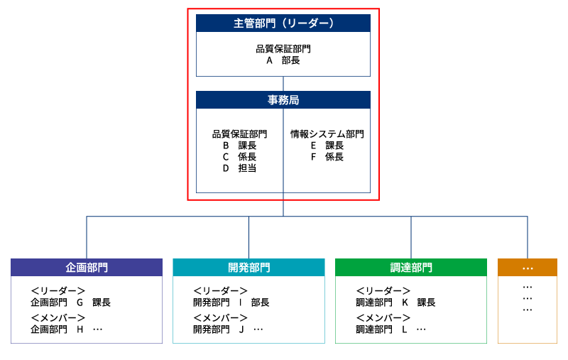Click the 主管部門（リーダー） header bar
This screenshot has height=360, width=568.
point(283,23)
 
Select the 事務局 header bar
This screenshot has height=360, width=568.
point(283,100)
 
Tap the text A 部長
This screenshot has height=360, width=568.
point(283,61)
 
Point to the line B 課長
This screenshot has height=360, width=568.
point(239,146)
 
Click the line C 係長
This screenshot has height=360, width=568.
point(239,157)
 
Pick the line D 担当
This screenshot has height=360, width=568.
point(239,168)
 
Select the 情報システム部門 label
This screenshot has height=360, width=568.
point(327,133)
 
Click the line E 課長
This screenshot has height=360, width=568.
point(327,146)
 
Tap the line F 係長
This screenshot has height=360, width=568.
point(327,157)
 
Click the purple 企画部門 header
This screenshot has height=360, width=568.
point(87,268)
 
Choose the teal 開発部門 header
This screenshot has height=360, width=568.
point(248,268)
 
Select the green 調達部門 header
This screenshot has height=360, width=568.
point(411,268)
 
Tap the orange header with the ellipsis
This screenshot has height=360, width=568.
point(528,268)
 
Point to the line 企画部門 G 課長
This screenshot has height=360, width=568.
point(71,302)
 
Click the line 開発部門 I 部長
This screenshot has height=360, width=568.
point(231,302)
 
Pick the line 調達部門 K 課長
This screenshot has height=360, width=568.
point(395,302)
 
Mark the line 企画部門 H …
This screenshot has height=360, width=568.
point(67,329)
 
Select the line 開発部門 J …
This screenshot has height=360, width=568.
point(229,329)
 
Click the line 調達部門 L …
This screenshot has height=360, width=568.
point(391,329)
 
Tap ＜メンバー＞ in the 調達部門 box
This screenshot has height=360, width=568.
point(383,318)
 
